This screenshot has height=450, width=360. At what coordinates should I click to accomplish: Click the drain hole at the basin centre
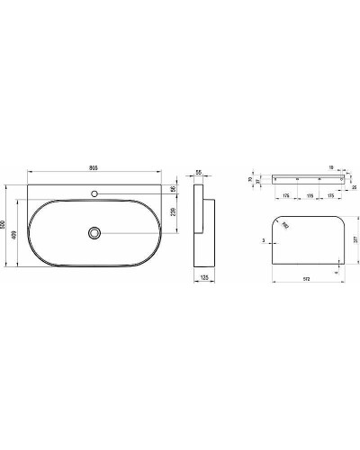coord(94,232)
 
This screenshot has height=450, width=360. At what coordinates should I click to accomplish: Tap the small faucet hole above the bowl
coord(94,191)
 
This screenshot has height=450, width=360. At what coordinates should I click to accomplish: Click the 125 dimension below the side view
coord(203,280)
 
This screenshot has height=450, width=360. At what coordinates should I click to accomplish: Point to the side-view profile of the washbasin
coord(205,230)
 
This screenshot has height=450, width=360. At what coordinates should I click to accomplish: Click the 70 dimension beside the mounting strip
coord(251,178)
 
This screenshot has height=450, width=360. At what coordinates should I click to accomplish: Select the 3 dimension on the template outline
coord(264,241)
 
